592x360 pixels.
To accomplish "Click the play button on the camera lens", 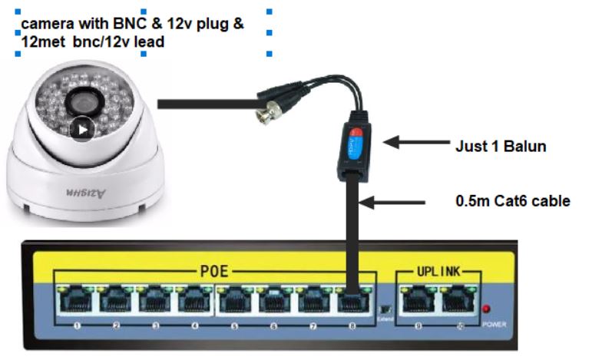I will pyautogui.click(x=83, y=128).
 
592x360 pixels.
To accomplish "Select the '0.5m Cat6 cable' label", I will pyautogui.click(x=513, y=202).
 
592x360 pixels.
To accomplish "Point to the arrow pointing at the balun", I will pyautogui.click(x=413, y=142).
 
